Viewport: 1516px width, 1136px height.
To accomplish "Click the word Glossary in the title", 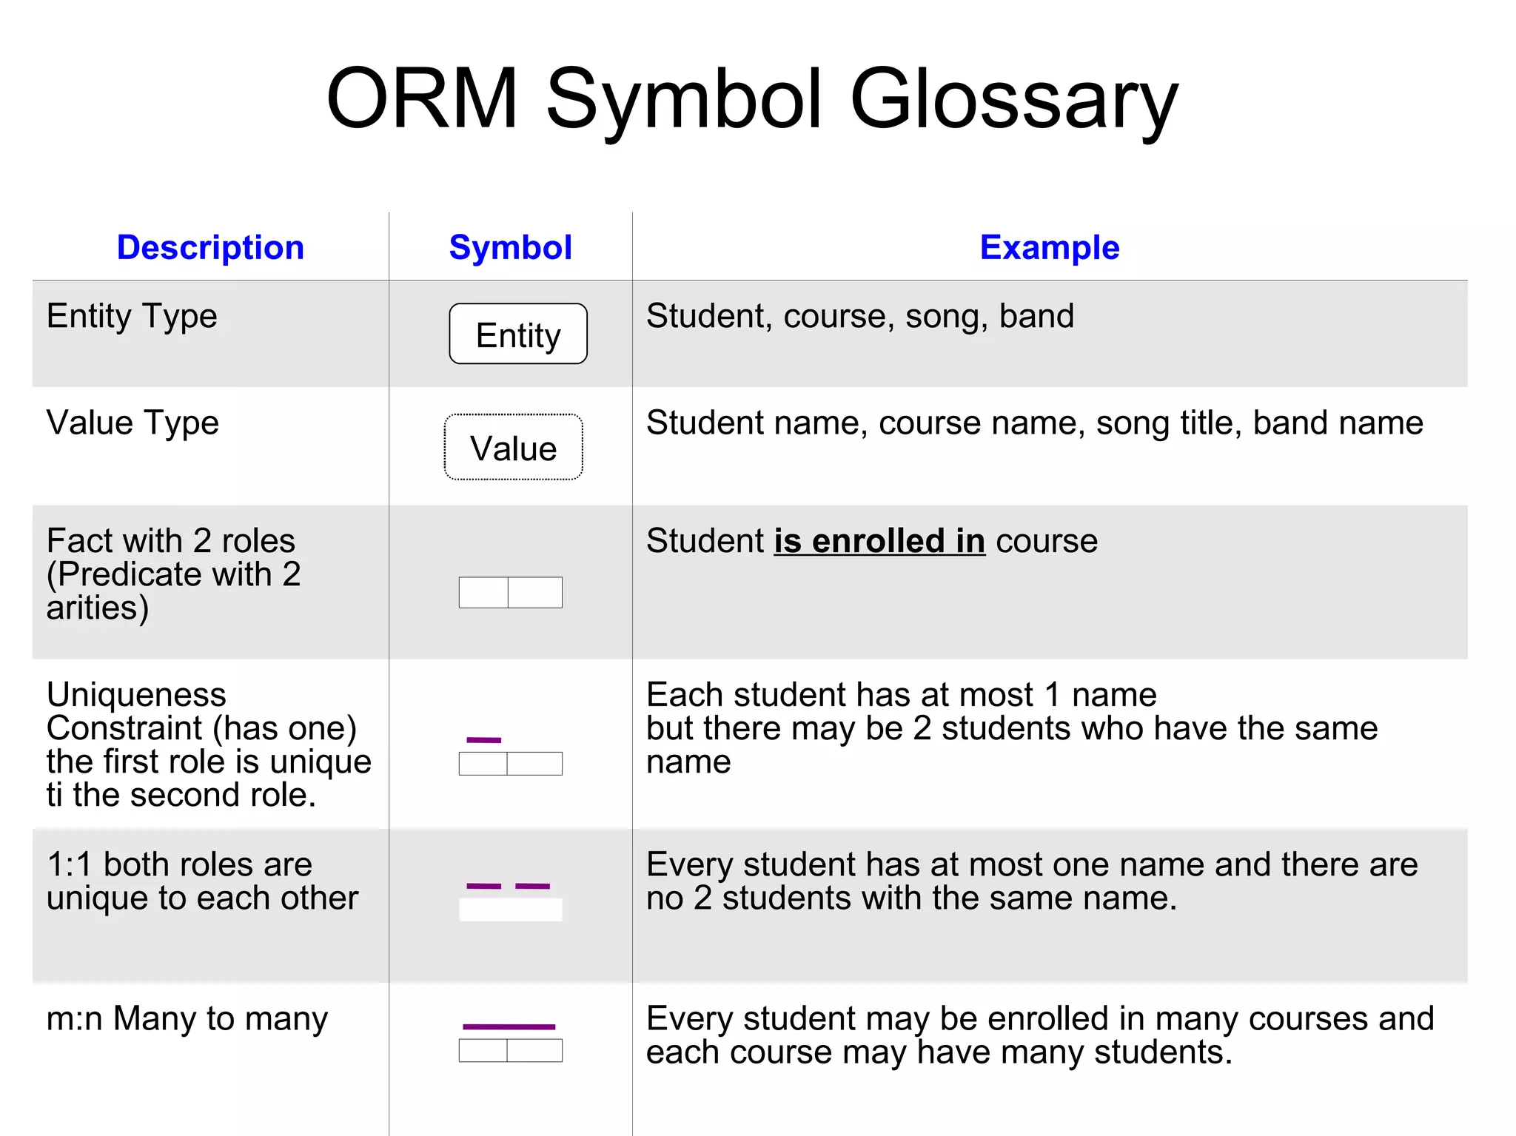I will click(1013, 100).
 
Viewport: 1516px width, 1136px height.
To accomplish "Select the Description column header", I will click(210, 247).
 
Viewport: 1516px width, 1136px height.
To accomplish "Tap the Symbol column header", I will click(510, 247).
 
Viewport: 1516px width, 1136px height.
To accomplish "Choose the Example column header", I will click(1049, 247).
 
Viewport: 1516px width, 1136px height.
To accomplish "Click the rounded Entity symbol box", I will click(518, 334).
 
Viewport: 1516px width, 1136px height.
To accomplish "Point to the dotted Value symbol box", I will click(513, 447).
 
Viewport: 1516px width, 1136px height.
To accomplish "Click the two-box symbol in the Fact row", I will click(510, 592).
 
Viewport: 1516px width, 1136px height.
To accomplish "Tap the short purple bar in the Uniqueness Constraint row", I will click(483, 739).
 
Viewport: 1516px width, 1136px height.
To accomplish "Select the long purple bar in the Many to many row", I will click(509, 1026).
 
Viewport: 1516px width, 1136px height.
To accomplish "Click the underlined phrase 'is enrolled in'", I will click(879, 541).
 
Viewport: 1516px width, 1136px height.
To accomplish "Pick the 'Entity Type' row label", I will click(132, 316).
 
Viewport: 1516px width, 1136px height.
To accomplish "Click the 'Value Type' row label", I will click(133, 423).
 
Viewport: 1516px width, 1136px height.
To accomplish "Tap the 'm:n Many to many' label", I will click(187, 1018).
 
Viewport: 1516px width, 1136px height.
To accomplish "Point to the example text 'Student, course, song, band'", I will click(859, 316).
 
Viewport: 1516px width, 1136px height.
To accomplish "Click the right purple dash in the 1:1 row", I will click(532, 886).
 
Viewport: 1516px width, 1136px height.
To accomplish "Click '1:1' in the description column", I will click(69, 864).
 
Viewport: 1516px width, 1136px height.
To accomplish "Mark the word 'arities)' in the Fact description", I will click(98, 608).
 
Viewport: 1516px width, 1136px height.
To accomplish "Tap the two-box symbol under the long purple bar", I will click(510, 1050).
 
